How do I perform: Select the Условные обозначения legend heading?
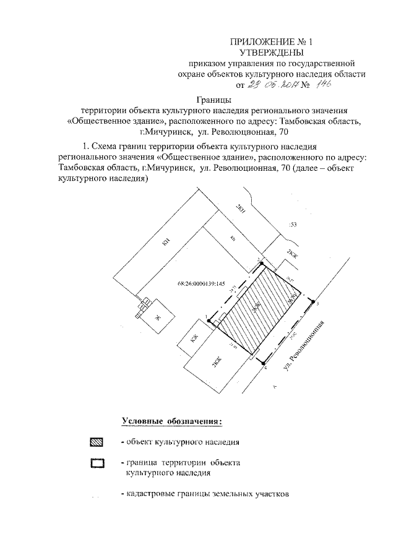coord(172,421)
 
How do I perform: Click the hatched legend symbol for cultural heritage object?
coord(97,442)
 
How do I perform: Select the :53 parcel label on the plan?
coord(293,225)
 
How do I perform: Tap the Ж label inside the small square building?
coord(157,318)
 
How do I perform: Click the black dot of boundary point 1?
coord(209,321)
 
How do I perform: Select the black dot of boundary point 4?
coord(263,363)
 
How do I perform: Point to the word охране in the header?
coord(196,74)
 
